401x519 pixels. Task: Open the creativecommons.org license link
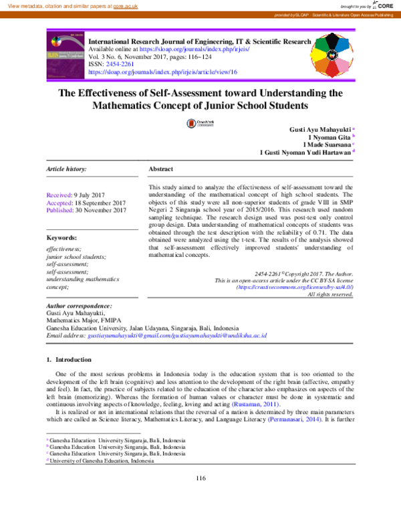[295, 286]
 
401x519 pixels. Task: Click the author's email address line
[156, 335]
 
